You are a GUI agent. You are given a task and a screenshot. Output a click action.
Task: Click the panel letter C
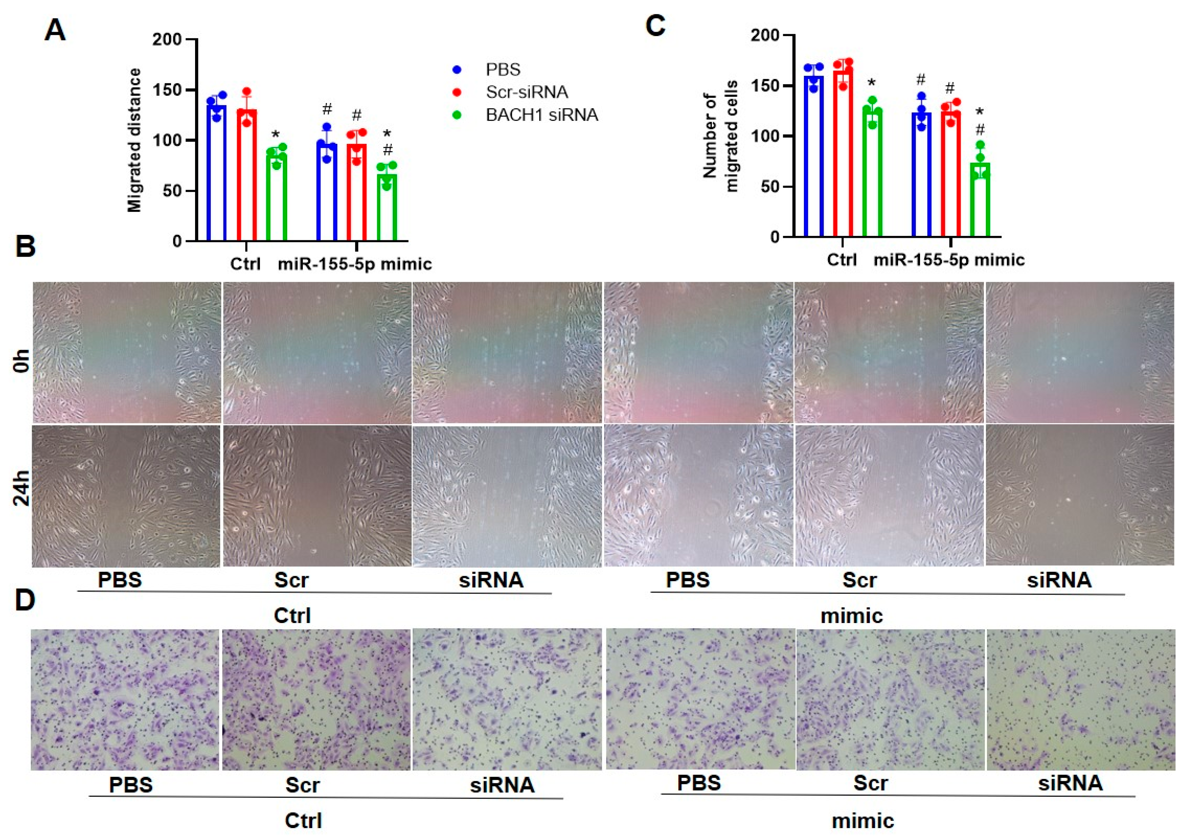coord(655,26)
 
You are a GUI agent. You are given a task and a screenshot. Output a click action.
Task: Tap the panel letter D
coord(25,600)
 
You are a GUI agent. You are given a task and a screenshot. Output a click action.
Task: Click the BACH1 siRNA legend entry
coord(541,115)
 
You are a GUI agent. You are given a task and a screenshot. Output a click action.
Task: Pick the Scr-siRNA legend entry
coord(526,92)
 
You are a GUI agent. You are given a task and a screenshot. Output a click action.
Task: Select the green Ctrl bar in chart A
coord(276,196)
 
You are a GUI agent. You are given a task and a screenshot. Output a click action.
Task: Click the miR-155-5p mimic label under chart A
coord(355,264)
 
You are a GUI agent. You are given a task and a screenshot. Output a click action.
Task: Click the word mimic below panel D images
coord(863,821)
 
